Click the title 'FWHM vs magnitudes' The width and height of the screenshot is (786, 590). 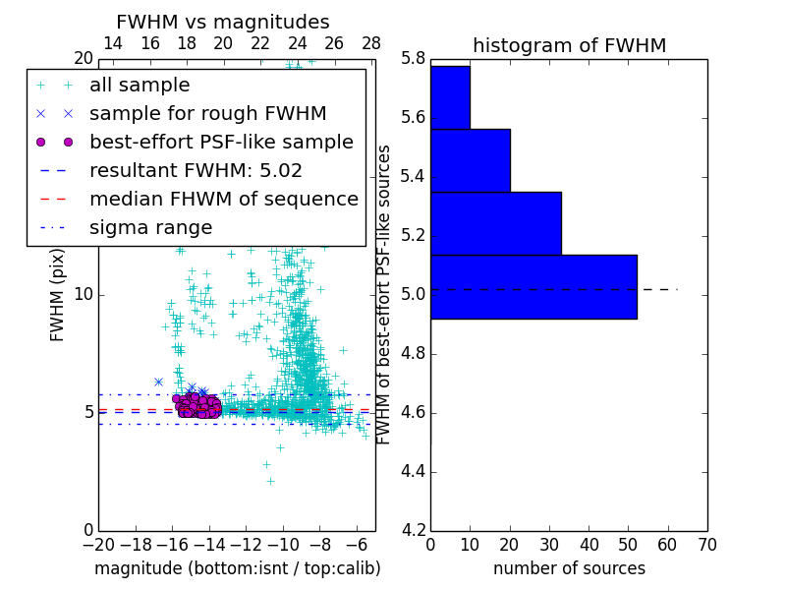(222, 22)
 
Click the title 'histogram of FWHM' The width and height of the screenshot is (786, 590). (569, 45)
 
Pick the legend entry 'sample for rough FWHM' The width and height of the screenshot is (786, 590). (207, 113)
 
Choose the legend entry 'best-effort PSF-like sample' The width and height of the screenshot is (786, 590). (221, 142)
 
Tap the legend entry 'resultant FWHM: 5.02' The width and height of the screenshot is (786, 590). (196, 170)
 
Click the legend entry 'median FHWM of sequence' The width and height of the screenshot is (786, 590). (223, 199)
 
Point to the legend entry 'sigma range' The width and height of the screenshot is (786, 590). (150, 227)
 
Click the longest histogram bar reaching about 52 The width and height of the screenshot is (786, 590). (533, 286)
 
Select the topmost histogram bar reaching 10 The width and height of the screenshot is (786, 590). (450, 97)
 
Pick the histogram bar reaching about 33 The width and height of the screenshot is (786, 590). (495, 223)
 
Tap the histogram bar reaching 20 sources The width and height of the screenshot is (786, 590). (470, 160)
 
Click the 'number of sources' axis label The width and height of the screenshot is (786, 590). (569, 568)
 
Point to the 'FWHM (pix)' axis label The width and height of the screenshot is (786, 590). (58, 294)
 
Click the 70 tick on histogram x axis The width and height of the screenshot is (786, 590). (706, 544)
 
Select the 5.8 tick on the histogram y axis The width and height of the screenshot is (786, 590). (413, 58)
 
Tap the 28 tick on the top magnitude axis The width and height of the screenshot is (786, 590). (371, 43)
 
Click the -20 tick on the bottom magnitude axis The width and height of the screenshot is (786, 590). (98, 544)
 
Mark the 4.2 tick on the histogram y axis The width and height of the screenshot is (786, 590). (413, 530)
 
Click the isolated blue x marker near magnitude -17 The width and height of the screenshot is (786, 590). (158, 382)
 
